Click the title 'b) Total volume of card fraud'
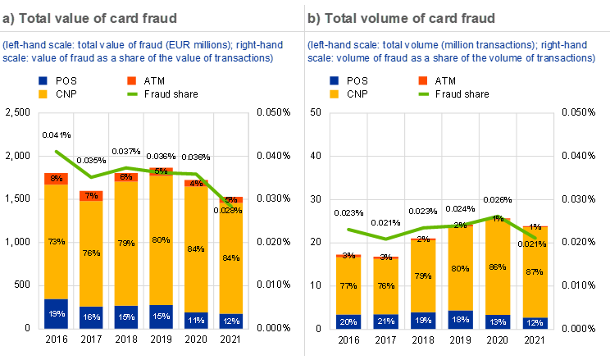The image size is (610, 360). pos(401,17)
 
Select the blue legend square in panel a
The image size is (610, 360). pos(43,80)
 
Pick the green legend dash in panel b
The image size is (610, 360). pos(423,94)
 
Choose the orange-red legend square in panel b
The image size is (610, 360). pos(423,80)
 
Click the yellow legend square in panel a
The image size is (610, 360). pos(43,94)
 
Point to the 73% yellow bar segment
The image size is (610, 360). pos(56,242)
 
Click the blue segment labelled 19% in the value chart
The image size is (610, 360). pos(56,313)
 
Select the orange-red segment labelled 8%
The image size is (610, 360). pos(56,179)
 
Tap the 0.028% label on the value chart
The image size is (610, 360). pos(230,210)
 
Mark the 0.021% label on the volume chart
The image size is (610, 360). pos(535,244)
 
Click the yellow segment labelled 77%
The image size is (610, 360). pos(349,286)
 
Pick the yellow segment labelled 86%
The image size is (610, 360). pos(498,267)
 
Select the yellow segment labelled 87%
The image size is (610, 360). pos(535,272)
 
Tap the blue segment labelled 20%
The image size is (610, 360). pos(349,322)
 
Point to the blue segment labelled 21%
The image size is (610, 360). pos(386,321)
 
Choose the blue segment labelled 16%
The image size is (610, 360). pos(91,317)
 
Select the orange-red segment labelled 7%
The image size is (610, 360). pos(91,195)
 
